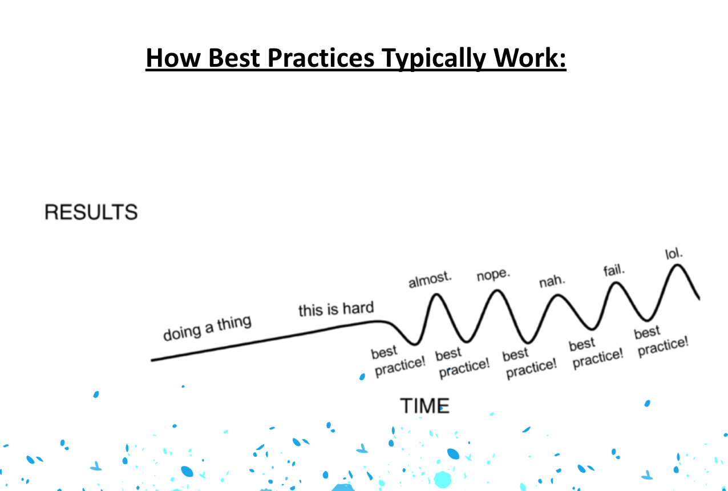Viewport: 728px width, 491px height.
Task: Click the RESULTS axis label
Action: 91,212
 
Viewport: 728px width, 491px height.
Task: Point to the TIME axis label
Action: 425,406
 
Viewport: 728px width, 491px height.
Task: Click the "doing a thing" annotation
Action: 207,328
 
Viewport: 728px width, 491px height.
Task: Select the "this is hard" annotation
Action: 336,309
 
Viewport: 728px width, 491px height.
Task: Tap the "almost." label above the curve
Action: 430,280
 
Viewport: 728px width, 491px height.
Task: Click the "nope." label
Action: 494,275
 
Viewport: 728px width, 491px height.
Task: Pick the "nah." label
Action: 552,281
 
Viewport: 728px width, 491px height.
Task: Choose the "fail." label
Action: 614,270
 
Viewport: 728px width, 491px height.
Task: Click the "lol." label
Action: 674,253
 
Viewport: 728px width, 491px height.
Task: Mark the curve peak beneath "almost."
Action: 436,295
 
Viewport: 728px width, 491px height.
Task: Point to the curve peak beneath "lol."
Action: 678,265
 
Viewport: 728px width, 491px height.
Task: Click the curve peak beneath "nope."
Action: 497,291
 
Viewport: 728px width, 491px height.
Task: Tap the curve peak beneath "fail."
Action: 616,284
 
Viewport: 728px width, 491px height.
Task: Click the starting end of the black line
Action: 152,360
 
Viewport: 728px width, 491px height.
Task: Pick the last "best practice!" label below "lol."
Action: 661,341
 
